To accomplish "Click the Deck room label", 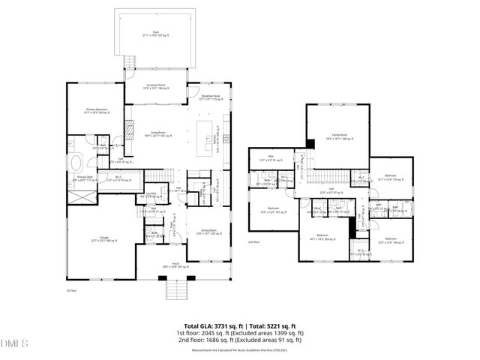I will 155,32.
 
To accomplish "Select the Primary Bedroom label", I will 97,110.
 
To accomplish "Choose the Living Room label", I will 157,134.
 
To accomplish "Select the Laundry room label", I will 151,196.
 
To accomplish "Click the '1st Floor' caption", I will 71,289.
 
